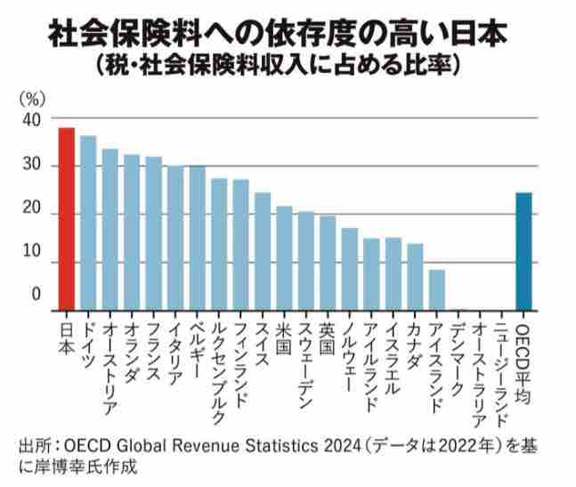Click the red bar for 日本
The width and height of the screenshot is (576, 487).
tap(66, 219)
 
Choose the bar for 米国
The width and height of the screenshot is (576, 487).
tap(284, 258)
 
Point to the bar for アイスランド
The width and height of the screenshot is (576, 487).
tap(436, 289)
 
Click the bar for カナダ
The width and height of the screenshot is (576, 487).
tap(415, 277)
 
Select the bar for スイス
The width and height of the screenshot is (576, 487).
tap(263, 251)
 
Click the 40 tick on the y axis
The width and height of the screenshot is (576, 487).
tap(31, 119)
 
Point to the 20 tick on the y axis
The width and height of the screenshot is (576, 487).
tap(31, 214)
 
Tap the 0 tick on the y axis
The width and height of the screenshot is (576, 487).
tap(36, 294)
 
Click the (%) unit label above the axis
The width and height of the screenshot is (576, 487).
tap(31, 95)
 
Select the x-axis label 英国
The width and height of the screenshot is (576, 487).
tap(328, 331)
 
